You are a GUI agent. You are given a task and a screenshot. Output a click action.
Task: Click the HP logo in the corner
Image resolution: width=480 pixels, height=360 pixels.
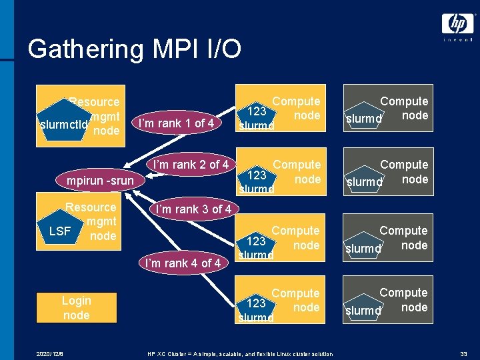pos(457,24)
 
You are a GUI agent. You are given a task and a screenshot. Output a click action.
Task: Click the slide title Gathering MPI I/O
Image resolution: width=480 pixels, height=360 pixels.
pos(135,49)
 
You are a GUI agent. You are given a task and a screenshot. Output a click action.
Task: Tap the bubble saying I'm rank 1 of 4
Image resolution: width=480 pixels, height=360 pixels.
pos(175,123)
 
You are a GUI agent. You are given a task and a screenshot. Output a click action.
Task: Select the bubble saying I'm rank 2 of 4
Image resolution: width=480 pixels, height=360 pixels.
pos(191,164)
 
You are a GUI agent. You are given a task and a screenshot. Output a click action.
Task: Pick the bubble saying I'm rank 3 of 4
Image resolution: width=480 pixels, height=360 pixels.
pos(193,209)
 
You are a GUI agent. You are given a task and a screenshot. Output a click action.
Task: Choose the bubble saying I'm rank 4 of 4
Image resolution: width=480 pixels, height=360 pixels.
pos(183,263)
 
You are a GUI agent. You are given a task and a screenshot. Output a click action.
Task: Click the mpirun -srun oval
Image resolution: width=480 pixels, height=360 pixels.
pos(100,181)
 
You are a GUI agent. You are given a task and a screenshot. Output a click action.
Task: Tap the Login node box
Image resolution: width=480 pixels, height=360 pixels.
pos(76,308)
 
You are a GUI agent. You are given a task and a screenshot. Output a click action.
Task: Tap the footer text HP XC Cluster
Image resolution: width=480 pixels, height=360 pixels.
pos(239,353)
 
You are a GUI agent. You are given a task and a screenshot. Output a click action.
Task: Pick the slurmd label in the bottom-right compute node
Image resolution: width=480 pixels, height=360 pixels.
pos(363,311)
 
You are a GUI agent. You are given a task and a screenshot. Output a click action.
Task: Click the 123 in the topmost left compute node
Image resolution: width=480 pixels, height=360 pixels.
pos(258,111)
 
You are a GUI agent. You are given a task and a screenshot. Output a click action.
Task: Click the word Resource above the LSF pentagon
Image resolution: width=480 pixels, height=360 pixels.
pos(90,207)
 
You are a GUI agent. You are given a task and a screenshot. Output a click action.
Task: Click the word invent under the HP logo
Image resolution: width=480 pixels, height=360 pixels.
pos(457,40)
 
